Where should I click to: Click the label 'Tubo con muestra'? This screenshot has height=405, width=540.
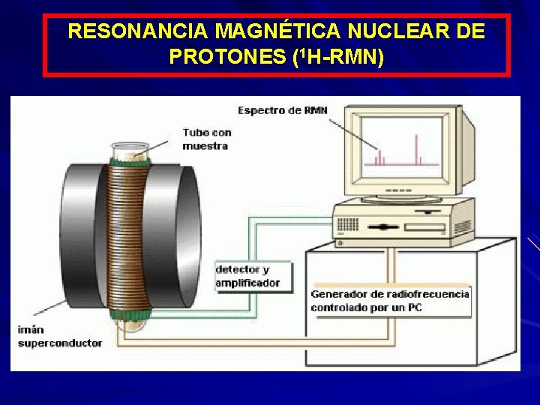tap(206, 139)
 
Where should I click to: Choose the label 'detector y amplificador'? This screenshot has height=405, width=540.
tap(247, 276)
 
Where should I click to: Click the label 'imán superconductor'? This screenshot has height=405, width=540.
tap(60, 336)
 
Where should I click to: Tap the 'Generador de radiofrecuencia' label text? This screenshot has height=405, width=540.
tap(390, 294)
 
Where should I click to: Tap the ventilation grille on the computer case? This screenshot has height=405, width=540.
tap(348, 224)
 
